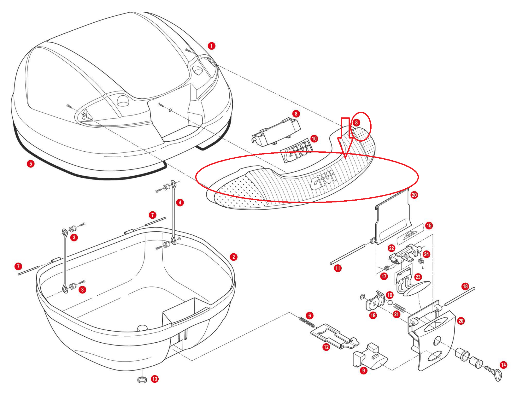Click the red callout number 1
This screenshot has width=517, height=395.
(x=211, y=46)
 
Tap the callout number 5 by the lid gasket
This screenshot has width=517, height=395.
(x=31, y=163)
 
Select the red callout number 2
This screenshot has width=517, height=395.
(x=233, y=257)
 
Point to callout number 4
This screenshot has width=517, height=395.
(x=180, y=202)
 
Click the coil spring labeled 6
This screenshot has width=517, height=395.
(x=307, y=323)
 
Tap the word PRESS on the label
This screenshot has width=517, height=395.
(x=410, y=234)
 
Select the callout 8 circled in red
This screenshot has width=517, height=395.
(x=356, y=123)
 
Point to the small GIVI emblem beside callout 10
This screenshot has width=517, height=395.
(x=296, y=152)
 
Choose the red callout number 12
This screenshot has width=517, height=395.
(x=326, y=347)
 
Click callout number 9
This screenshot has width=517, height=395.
(x=363, y=370)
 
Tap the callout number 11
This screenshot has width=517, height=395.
(x=338, y=268)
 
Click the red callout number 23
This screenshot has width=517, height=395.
(x=418, y=277)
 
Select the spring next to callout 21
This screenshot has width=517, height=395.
(x=400, y=307)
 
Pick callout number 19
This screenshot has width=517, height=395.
(x=373, y=315)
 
